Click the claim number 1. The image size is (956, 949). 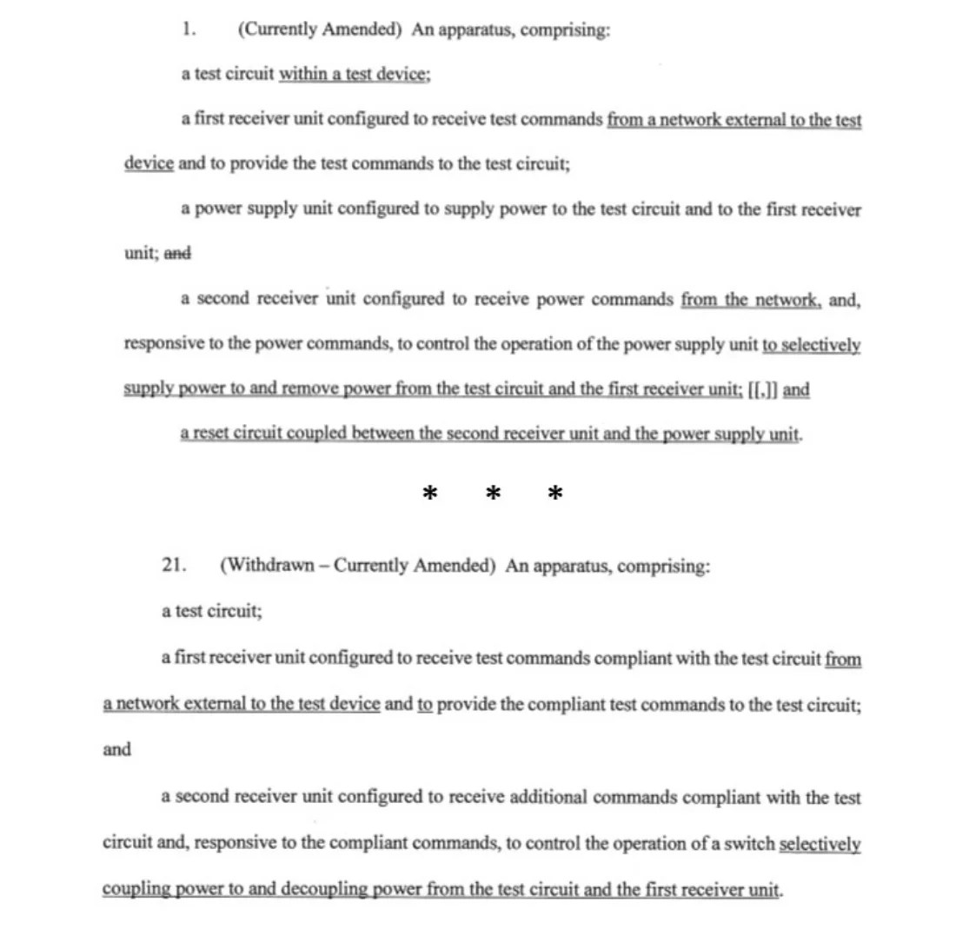(189, 30)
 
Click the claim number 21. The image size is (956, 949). (173, 565)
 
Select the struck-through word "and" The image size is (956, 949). (177, 254)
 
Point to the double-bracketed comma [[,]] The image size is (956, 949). (763, 390)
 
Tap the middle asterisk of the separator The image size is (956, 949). (493, 494)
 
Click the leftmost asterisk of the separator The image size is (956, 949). (429, 494)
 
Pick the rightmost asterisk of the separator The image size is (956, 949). (555, 494)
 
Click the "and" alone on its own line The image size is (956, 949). (116, 750)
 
